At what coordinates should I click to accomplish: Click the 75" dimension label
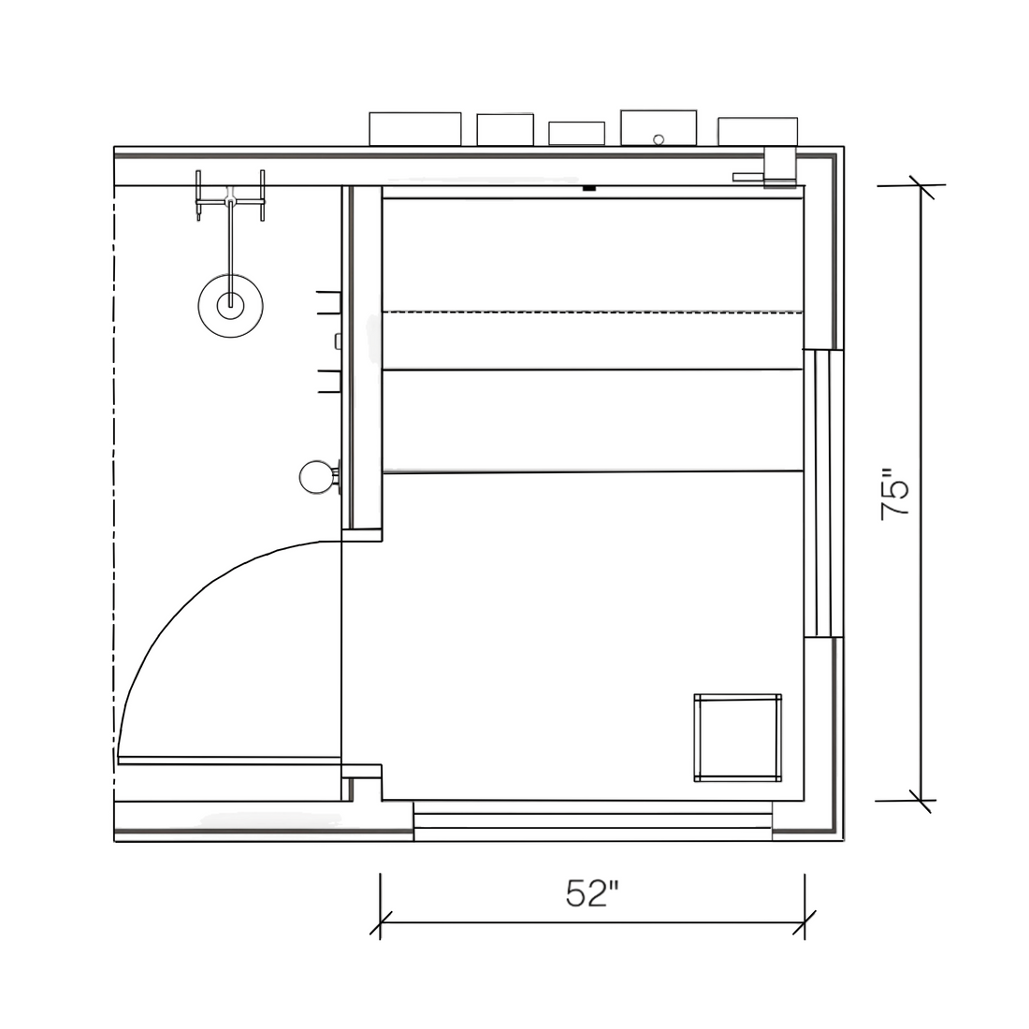point(895,494)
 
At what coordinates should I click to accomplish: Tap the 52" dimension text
point(592,892)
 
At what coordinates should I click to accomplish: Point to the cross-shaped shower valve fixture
point(230,196)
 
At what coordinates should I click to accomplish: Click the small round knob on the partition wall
point(316,477)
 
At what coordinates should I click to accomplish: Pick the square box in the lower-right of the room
point(738,738)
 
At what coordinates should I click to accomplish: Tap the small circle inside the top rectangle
point(659,139)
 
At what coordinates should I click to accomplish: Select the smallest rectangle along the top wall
point(577,133)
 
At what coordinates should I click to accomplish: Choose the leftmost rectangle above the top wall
point(414,129)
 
